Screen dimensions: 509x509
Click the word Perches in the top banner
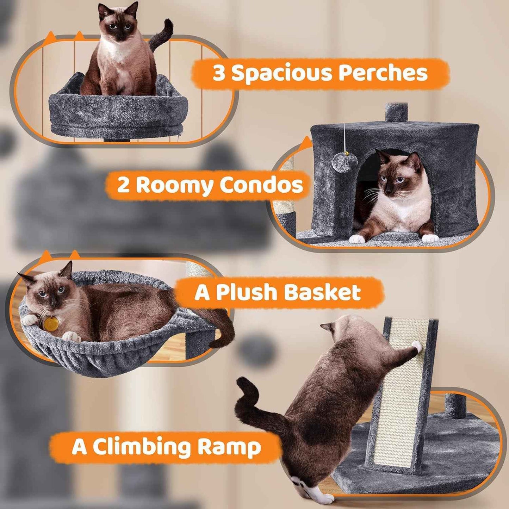(383, 73)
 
